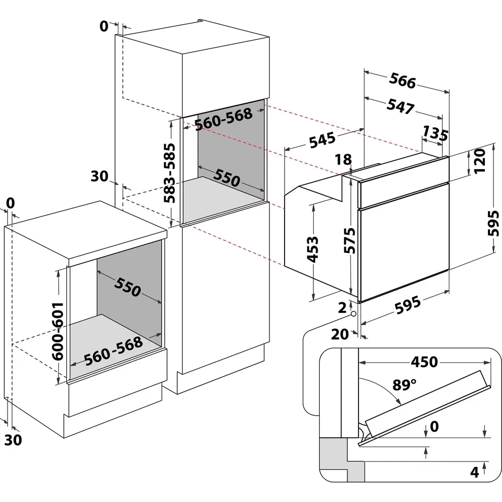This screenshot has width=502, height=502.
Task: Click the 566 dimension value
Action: point(403,82)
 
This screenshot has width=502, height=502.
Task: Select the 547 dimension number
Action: point(400,106)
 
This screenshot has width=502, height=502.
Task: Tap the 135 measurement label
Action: point(434,133)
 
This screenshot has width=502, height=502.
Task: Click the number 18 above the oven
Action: point(343,160)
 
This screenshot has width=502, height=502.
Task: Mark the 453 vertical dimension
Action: point(312,249)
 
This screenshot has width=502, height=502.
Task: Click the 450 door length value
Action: point(424,361)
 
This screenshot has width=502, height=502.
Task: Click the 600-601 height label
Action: point(58,330)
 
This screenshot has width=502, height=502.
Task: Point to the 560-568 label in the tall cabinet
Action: point(223,119)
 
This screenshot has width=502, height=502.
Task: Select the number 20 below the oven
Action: point(340,334)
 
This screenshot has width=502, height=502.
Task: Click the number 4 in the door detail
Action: point(474,472)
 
